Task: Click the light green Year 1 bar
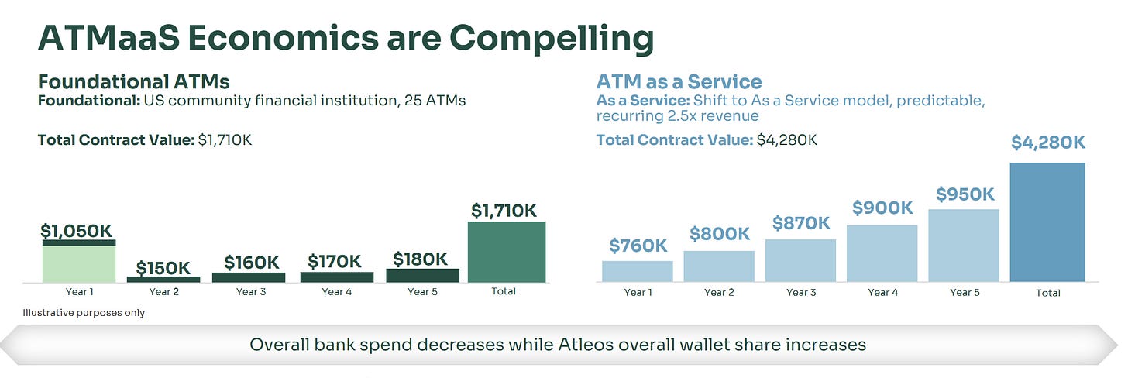[79, 263]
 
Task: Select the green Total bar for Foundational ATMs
[507, 253]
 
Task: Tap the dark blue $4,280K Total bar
[1047, 222]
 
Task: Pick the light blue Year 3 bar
[801, 260]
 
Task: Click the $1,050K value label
[76, 231]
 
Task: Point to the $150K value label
[163, 268]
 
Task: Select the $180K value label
[420, 259]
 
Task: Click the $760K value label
[638, 246]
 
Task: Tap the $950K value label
[965, 194]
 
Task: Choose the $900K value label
[882, 208]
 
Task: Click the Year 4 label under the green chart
[337, 292]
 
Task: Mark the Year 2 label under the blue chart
[719, 293]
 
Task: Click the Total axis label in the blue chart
[1048, 293]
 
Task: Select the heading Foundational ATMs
[134, 81]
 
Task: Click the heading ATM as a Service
[679, 81]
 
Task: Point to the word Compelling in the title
[552, 40]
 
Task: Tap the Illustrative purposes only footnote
[84, 313]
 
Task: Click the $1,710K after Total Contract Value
[225, 140]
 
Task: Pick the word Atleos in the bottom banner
[586, 345]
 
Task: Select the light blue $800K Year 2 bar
[719, 266]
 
